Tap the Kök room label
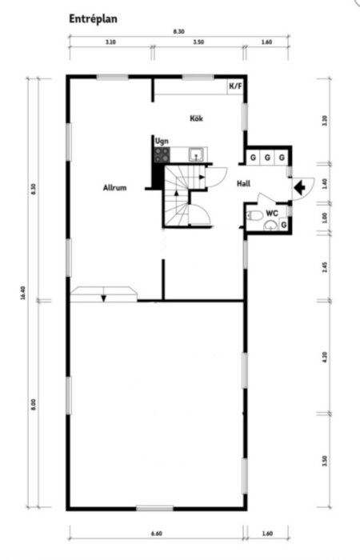coord(196,118)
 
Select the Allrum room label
coord(115,189)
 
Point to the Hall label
coord(244,183)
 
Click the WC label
coord(272,214)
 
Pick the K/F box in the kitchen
coord(236,86)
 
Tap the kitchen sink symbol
coord(194,152)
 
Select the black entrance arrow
coord(299,187)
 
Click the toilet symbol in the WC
coord(256,217)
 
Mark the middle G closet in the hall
coord(267,157)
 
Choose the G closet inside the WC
coord(283,225)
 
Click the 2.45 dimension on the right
coord(324,268)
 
